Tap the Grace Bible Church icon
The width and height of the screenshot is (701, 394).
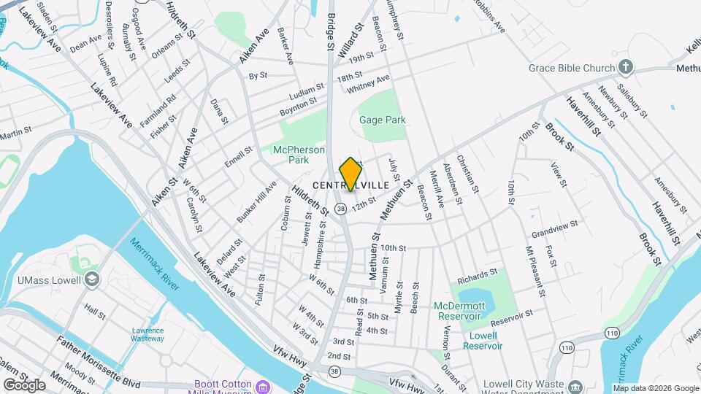(x=625, y=68)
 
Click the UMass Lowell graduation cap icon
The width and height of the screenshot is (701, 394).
(x=91, y=279)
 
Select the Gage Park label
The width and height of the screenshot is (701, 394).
(x=382, y=120)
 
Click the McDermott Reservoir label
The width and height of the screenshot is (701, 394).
(x=459, y=310)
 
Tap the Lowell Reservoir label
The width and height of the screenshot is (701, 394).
(x=483, y=341)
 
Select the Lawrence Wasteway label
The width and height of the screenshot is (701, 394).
(x=148, y=334)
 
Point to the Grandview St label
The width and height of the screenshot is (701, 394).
(x=555, y=228)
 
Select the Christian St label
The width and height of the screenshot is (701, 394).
(x=467, y=174)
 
